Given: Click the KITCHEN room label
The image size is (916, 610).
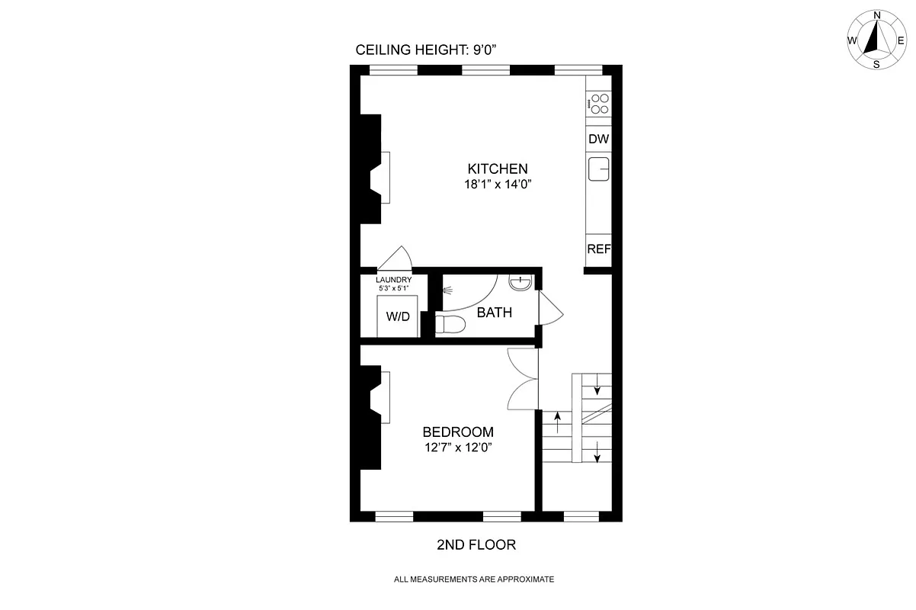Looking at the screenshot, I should point(497,169).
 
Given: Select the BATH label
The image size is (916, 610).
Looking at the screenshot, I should point(494,313).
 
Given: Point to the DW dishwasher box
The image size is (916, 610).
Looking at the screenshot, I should point(598,140).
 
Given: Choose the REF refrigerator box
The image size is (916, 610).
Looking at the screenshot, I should point(598,249).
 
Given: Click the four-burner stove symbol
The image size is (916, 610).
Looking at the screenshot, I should point(600,104).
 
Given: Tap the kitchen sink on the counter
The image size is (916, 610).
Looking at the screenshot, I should point(599,169).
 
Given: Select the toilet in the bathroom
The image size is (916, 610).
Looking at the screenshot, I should point(450,326).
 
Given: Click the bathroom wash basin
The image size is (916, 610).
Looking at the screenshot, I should point(520,283).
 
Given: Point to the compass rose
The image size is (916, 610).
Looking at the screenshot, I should point(876,40).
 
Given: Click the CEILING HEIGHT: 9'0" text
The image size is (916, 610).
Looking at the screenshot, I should point(427,50).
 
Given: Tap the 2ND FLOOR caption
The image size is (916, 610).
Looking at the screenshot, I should point(476,545).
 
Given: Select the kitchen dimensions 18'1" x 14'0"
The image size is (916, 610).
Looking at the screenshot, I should point(497,184).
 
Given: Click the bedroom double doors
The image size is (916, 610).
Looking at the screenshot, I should point(523,379).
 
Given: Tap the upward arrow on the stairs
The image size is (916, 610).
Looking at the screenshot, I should point(558,420).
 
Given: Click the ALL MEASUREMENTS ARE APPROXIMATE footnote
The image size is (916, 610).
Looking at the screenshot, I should point(473,579).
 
